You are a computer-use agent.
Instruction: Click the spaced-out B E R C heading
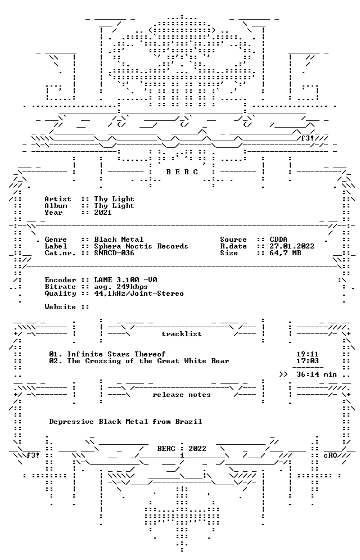(182, 172)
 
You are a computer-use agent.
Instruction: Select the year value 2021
(103, 213)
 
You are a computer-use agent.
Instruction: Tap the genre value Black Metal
(119, 240)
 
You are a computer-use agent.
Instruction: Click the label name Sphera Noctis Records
(141, 246)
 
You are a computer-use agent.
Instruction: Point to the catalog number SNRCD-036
(114, 253)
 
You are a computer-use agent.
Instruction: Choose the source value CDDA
(278, 240)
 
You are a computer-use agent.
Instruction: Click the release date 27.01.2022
(292, 246)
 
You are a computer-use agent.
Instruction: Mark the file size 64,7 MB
(285, 253)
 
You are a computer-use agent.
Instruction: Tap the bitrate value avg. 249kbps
(121, 287)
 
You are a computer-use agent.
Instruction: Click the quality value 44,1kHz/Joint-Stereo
(139, 293)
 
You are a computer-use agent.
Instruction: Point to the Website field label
(60, 307)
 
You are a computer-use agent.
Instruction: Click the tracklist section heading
(182, 334)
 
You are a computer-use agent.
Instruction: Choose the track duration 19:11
(308, 354)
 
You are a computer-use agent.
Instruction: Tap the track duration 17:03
(308, 361)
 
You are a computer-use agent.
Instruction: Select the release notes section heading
(182, 395)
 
